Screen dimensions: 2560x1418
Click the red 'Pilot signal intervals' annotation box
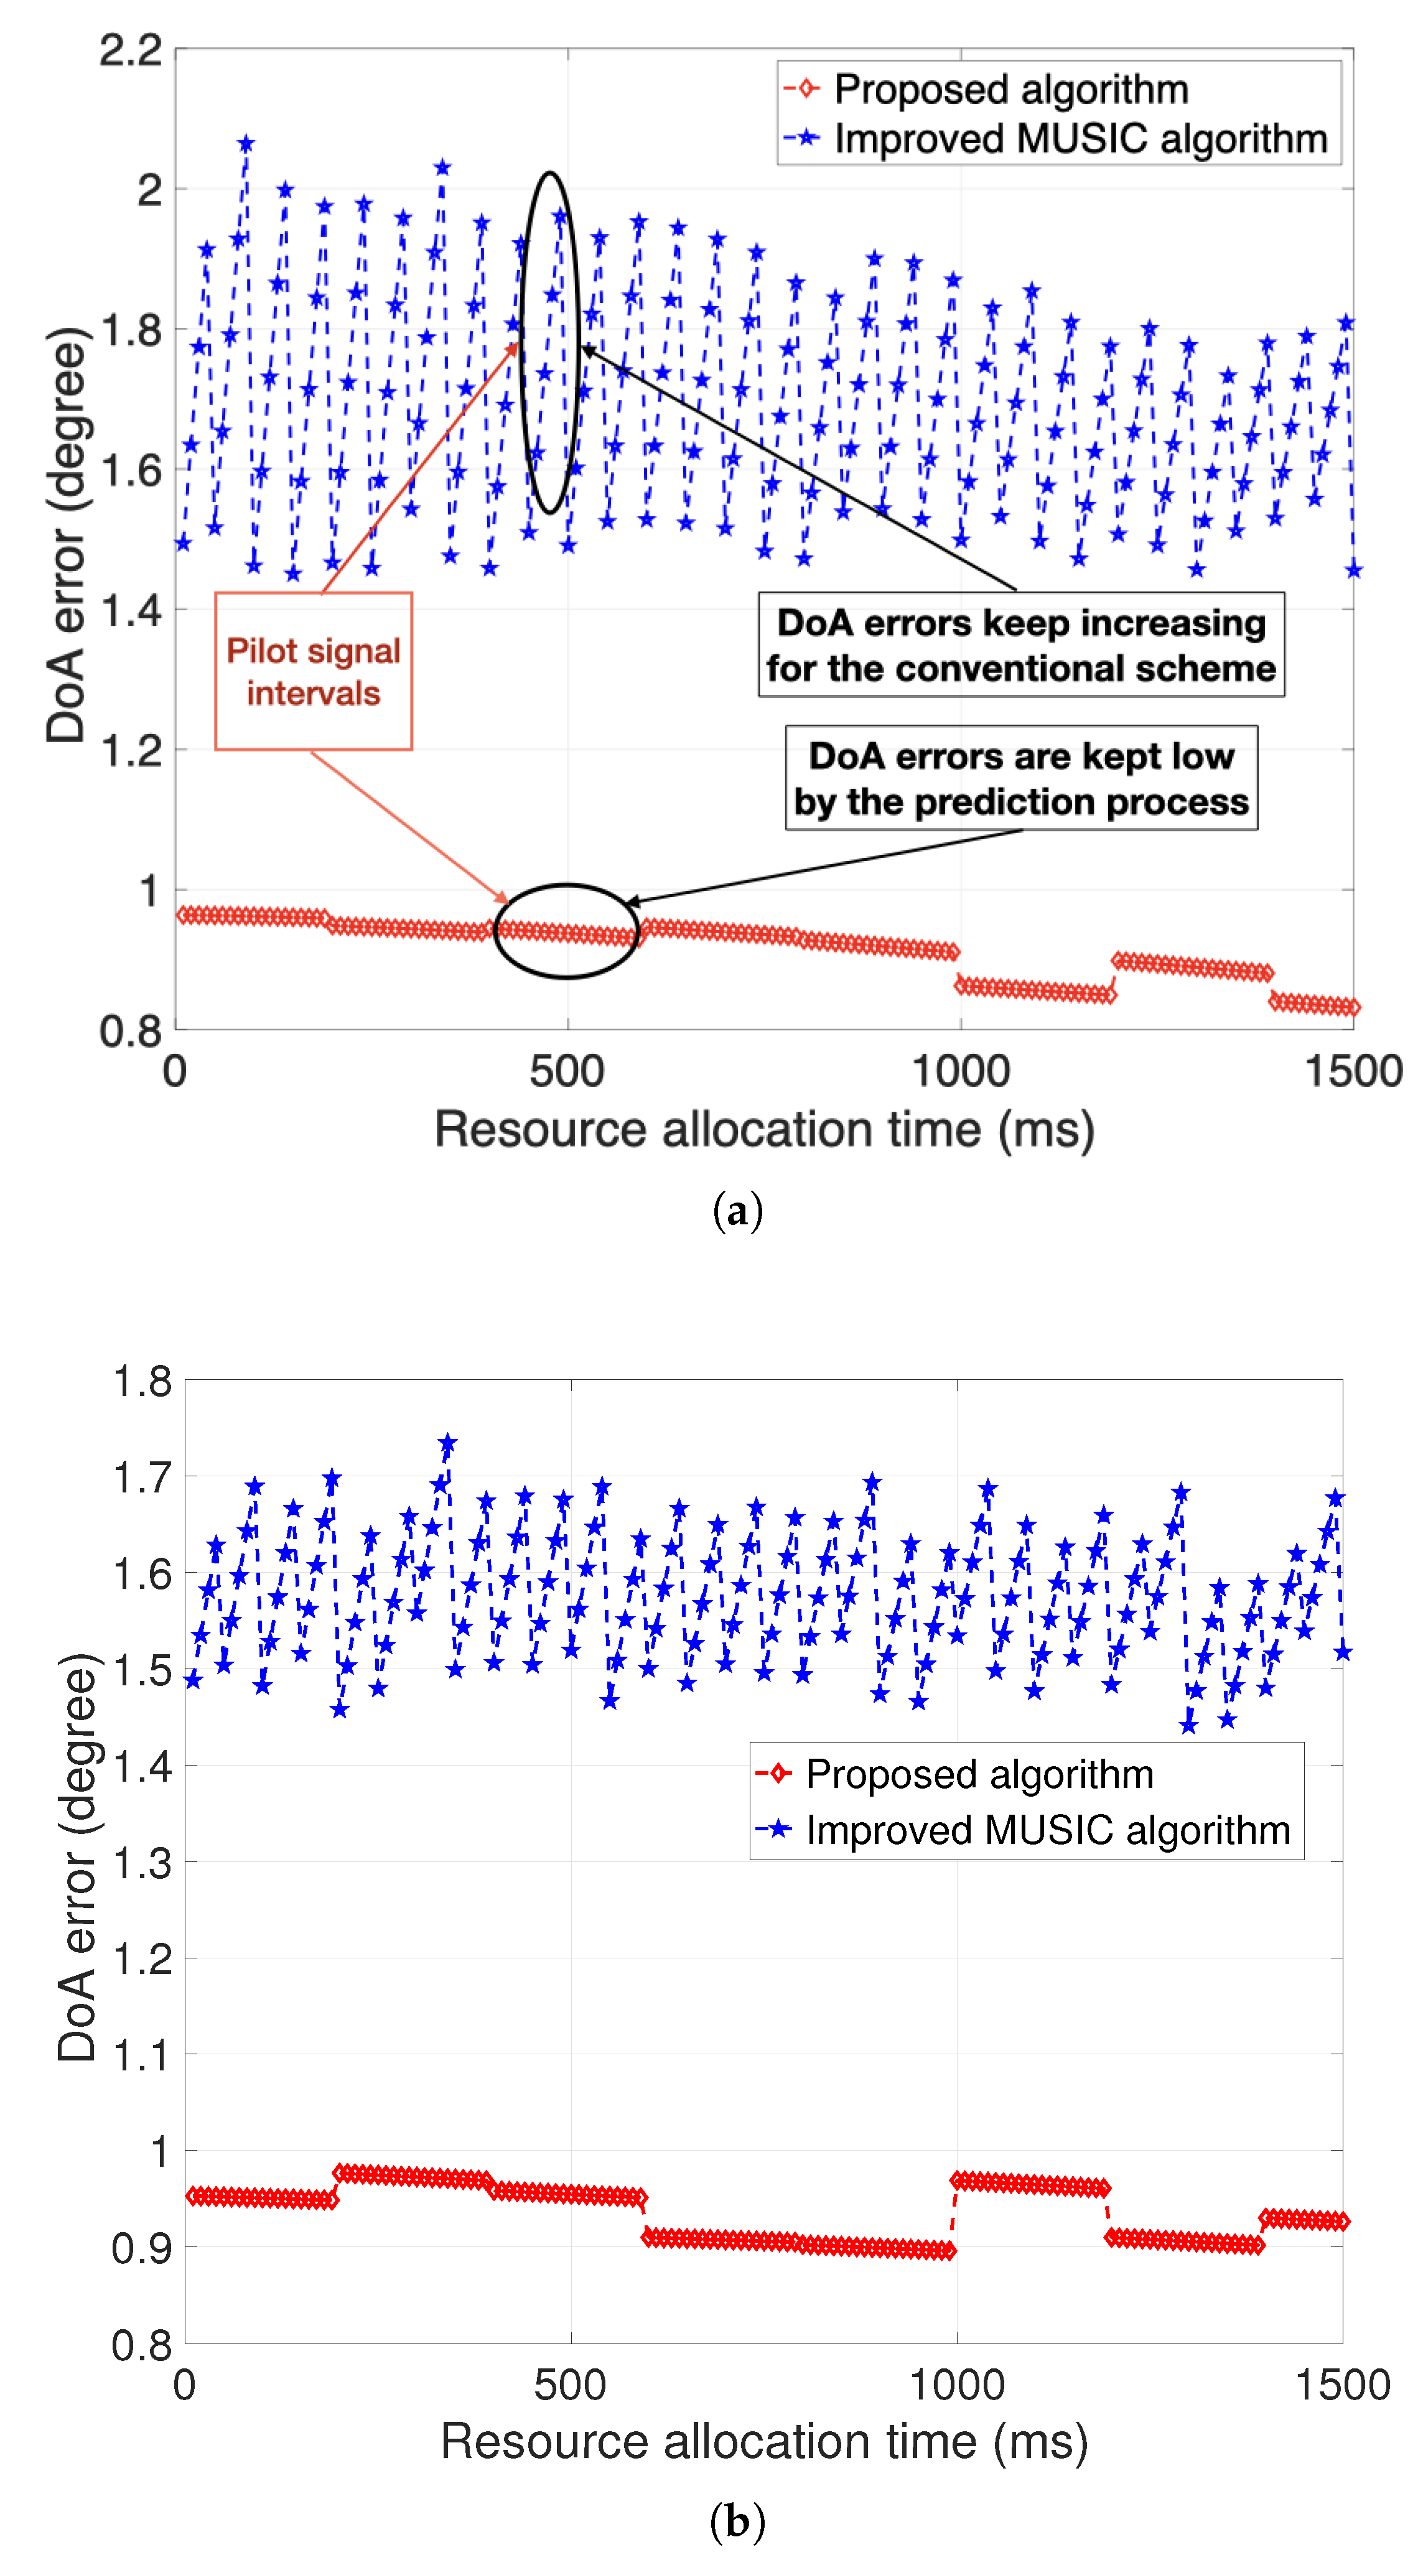coord(313,671)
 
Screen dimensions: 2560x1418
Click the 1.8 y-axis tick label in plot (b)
coord(141,1381)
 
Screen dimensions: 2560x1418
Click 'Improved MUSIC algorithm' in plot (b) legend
coord(1047,1830)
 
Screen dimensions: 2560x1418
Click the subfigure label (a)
coord(737,1211)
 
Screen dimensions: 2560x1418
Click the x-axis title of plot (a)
coord(764,1130)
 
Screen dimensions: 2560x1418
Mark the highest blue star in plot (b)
coord(448,1442)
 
